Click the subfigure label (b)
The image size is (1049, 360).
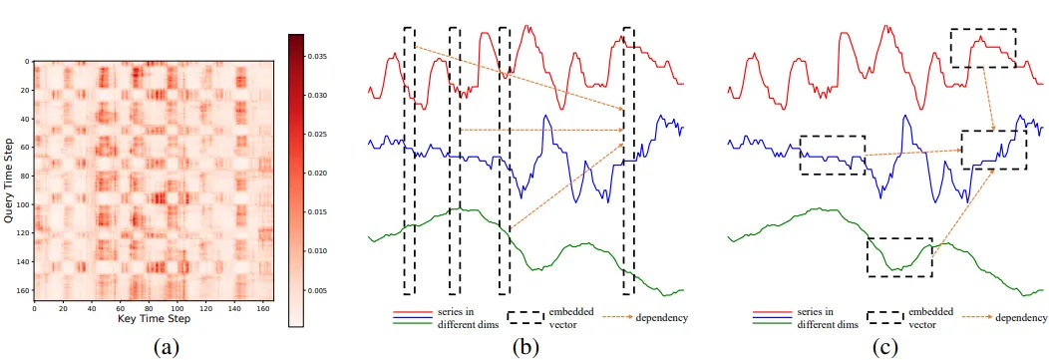click(x=526, y=346)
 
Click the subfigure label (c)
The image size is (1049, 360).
click(x=883, y=346)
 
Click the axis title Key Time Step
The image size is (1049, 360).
click(x=153, y=319)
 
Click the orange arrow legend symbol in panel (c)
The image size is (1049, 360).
click(x=969, y=318)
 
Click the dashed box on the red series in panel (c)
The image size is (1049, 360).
click(x=983, y=47)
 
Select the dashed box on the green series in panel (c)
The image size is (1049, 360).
click(x=899, y=256)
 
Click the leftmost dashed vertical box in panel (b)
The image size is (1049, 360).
click(x=409, y=160)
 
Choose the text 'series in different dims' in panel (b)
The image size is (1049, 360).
click(x=460, y=318)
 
